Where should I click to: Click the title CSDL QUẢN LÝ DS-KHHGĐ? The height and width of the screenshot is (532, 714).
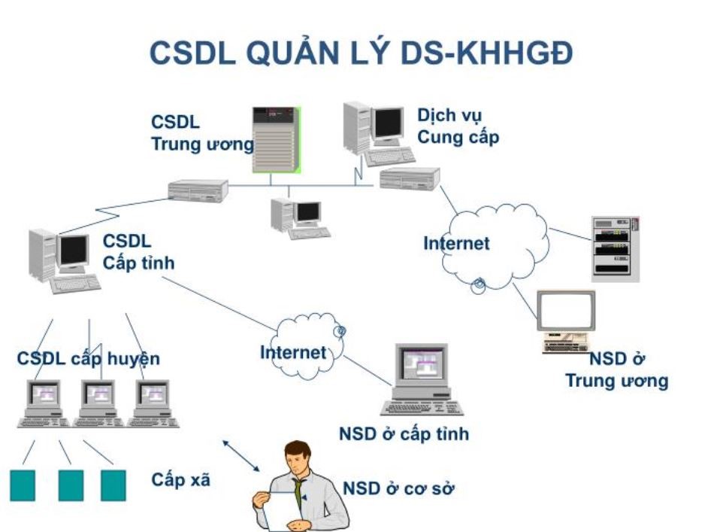tap(361, 53)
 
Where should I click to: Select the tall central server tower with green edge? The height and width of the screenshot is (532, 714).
tap(277, 140)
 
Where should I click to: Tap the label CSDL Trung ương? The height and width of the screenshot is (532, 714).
tap(202, 133)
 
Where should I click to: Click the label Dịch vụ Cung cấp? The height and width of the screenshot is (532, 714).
tap(458, 126)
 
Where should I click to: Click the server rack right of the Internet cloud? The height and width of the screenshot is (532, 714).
tap(616, 249)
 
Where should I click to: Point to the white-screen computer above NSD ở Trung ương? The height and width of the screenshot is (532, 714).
tap(566, 321)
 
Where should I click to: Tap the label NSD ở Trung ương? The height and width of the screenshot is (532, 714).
tap(617, 369)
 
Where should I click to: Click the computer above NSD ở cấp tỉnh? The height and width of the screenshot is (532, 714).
tap(422, 379)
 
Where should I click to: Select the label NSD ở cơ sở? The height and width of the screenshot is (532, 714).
tap(398, 488)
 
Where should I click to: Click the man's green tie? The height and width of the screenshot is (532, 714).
tap(298, 494)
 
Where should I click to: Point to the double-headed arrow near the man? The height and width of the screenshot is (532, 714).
tap(241, 455)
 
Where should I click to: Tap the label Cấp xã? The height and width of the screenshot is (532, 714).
tap(181, 480)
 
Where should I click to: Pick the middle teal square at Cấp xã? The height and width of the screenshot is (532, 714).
tap(71, 485)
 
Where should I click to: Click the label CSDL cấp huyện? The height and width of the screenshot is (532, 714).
tap(89, 359)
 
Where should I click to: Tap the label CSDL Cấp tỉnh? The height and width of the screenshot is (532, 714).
tap(138, 252)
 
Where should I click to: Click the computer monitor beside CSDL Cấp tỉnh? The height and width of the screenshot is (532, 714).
tap(73, 252)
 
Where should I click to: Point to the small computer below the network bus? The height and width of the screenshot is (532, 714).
tap(301, 219)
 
